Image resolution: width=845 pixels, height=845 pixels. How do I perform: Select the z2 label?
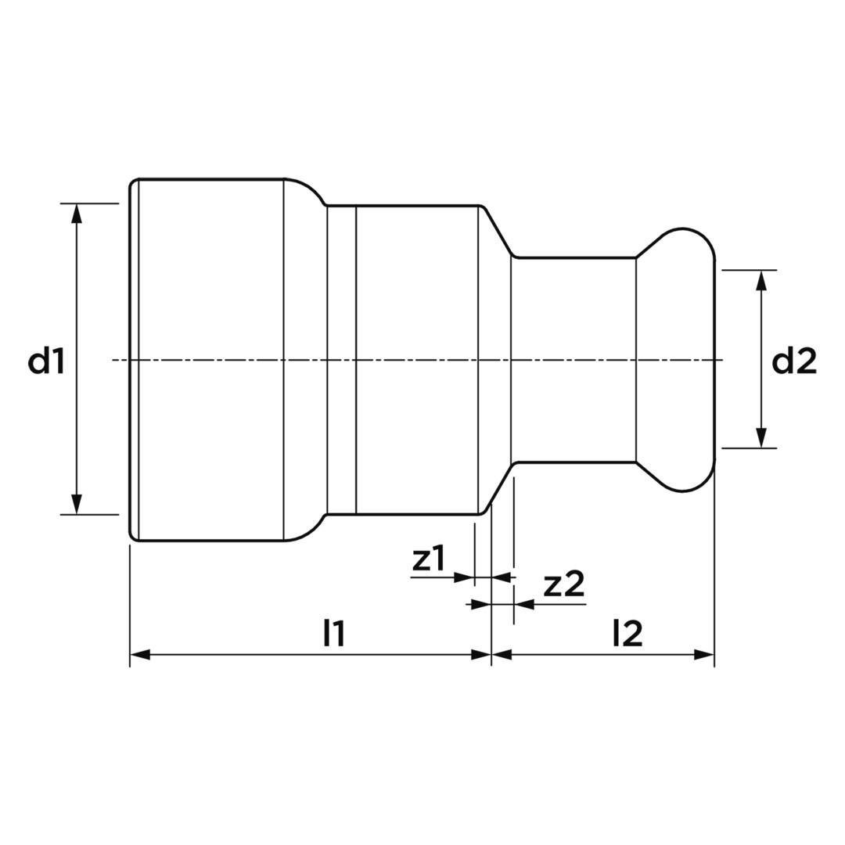(563, 584)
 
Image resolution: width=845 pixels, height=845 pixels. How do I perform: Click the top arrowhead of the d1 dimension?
(77, 213)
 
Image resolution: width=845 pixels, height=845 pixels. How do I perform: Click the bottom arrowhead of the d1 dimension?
(77, 505)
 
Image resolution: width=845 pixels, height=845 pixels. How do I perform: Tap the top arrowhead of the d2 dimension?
(761, 279)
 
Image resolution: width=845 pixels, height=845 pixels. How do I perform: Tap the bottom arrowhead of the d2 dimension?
(761, 438)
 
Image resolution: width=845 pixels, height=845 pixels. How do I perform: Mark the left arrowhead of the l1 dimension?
(139, 655)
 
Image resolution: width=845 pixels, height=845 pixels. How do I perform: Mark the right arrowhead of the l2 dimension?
(704, 655)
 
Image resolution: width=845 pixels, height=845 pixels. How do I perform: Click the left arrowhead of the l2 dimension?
(502, 655)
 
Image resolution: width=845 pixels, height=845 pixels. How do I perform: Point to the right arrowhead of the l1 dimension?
(481, 655)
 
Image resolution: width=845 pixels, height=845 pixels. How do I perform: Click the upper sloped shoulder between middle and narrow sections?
(498, 232)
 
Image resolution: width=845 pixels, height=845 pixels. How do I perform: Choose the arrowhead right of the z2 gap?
(524, 604)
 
